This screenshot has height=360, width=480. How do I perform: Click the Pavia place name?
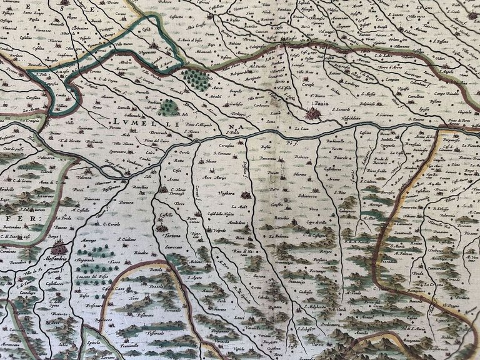pyautogui.click(x=321, y=104)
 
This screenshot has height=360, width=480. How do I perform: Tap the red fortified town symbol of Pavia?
pyautogui.click(x=313, y=114)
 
